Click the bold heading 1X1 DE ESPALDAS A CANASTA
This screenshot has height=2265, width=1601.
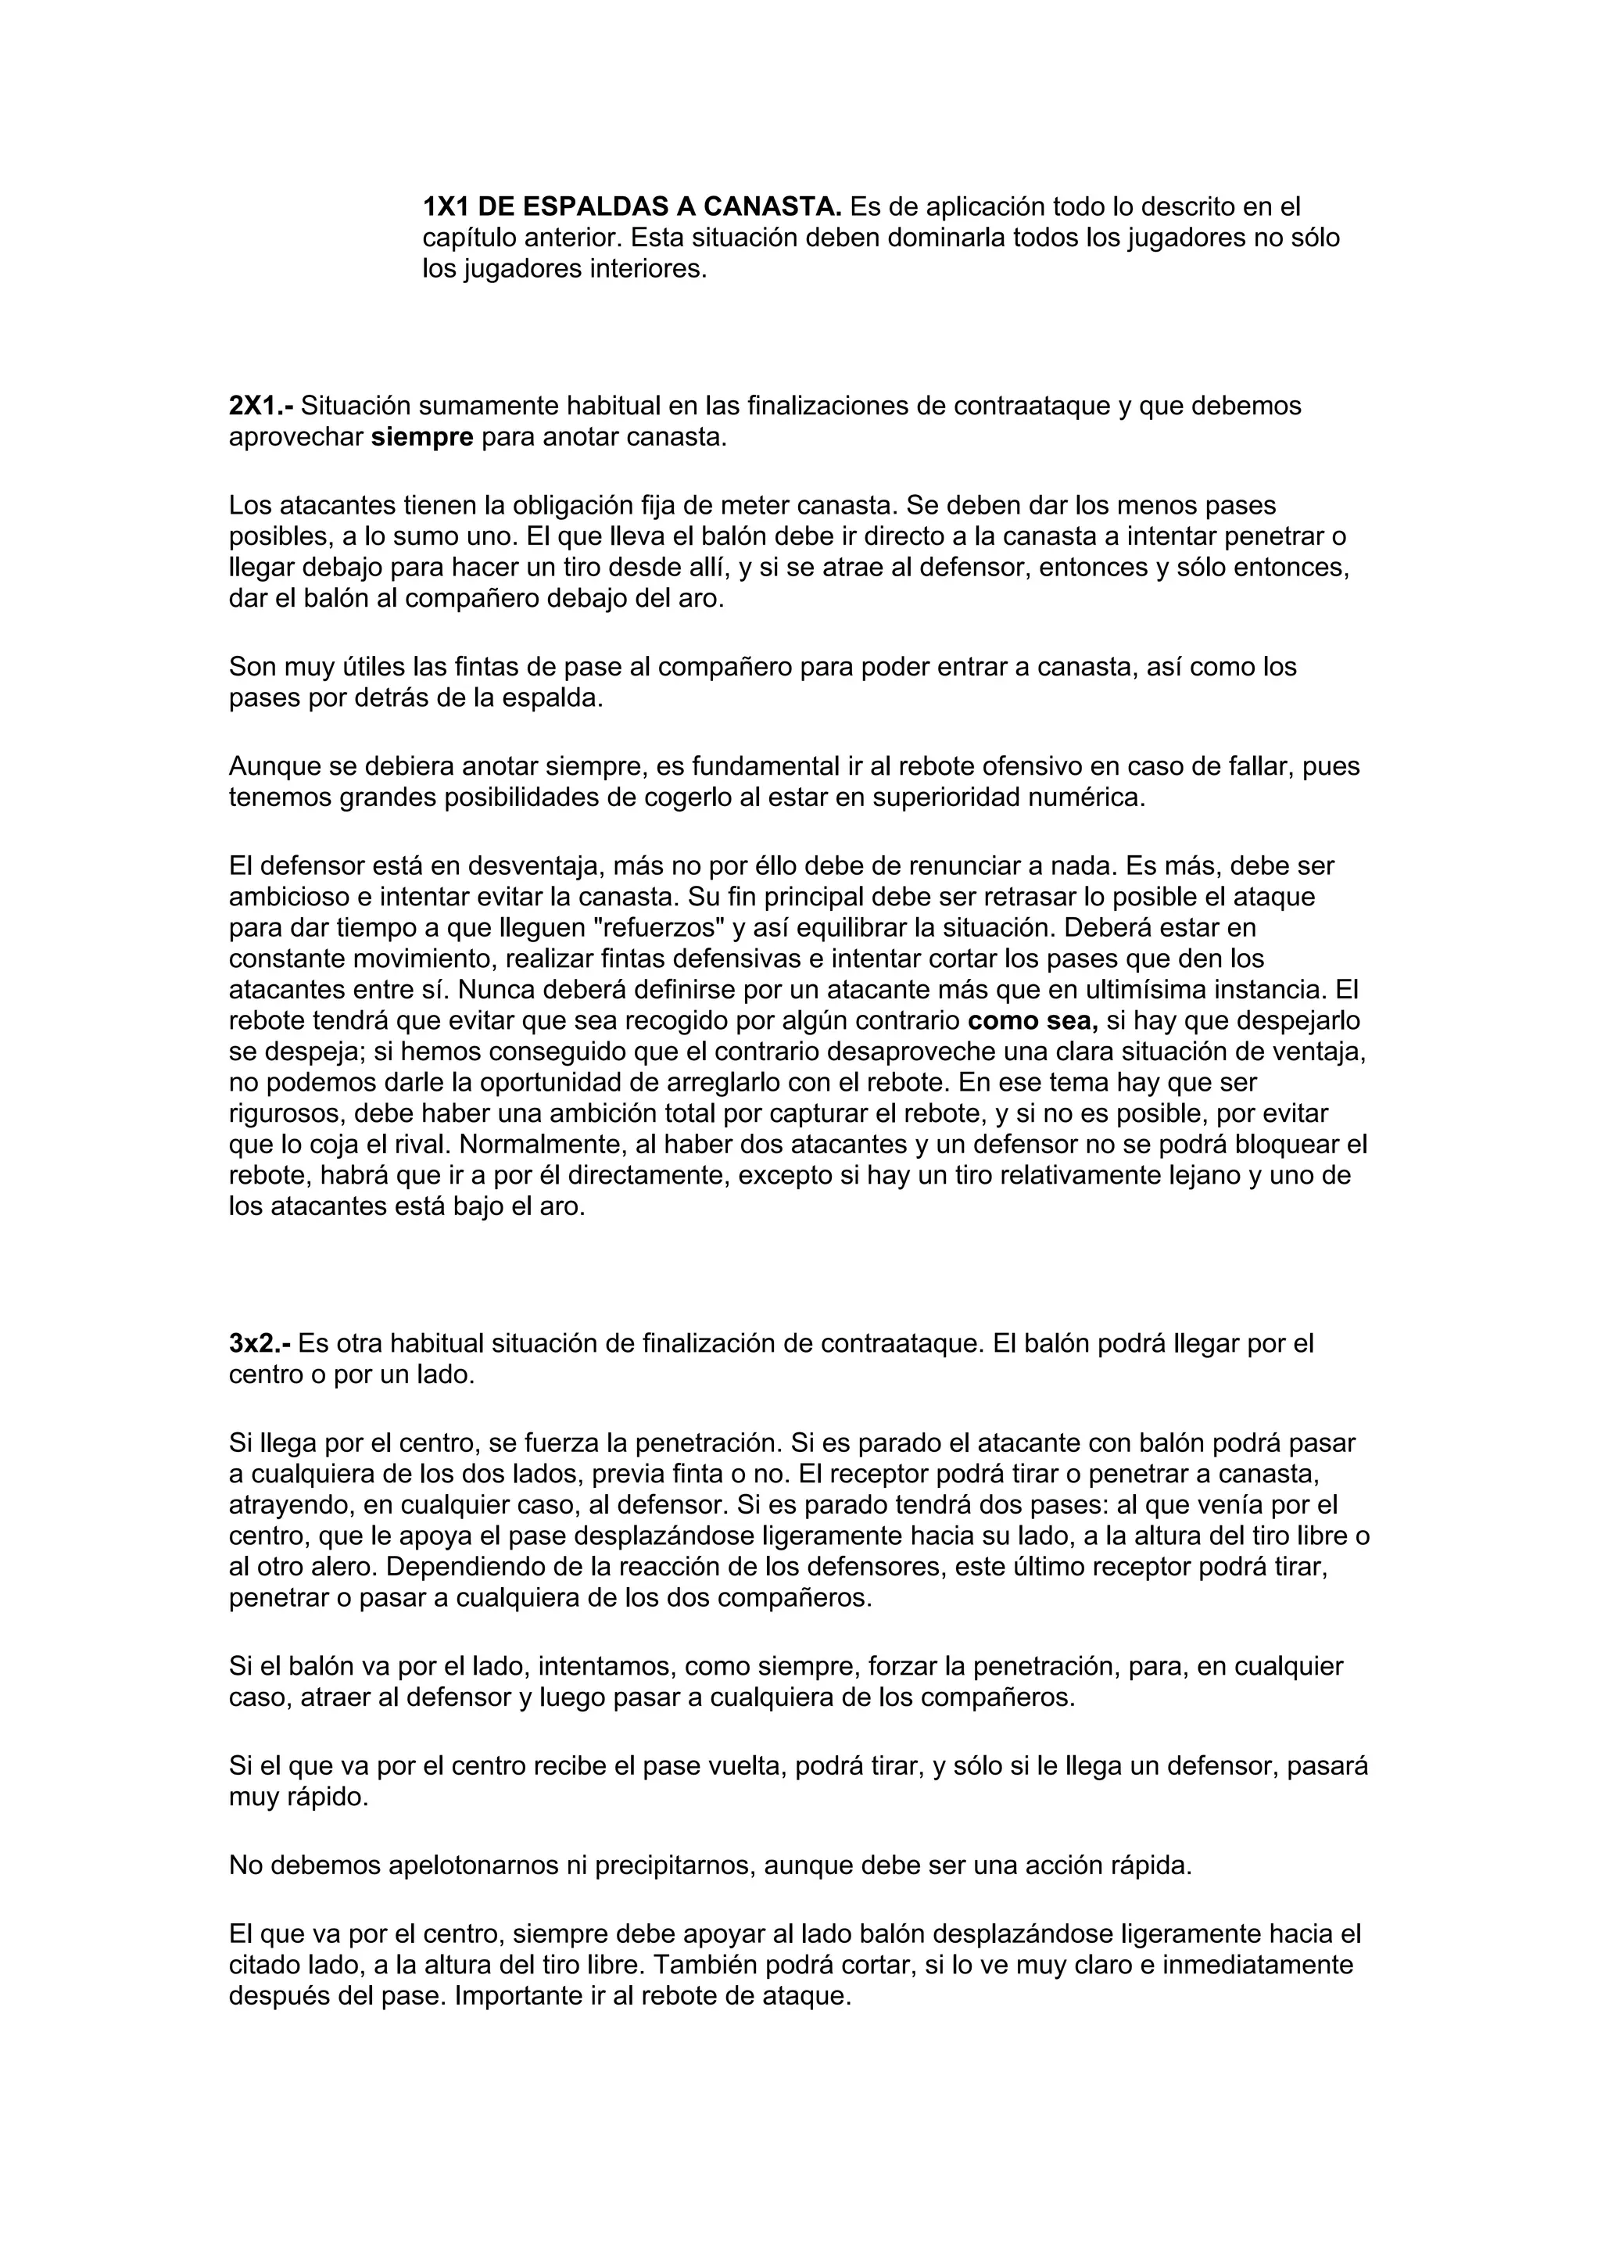pyautogui.click(x=632, y=207)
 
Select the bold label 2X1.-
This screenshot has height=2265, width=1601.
pyautogui.click(x=260, y=406)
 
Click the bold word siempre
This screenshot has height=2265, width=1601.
pyautogui.click(x=422, y=437)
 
